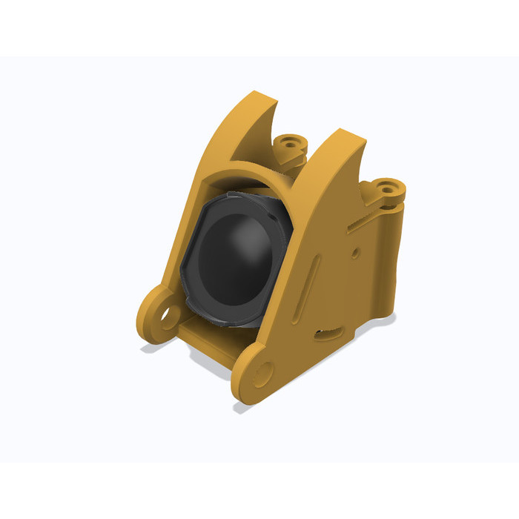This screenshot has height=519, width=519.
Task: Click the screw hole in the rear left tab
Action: tap(289, 140)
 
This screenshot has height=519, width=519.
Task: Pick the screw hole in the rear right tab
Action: tap(387, 187)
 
